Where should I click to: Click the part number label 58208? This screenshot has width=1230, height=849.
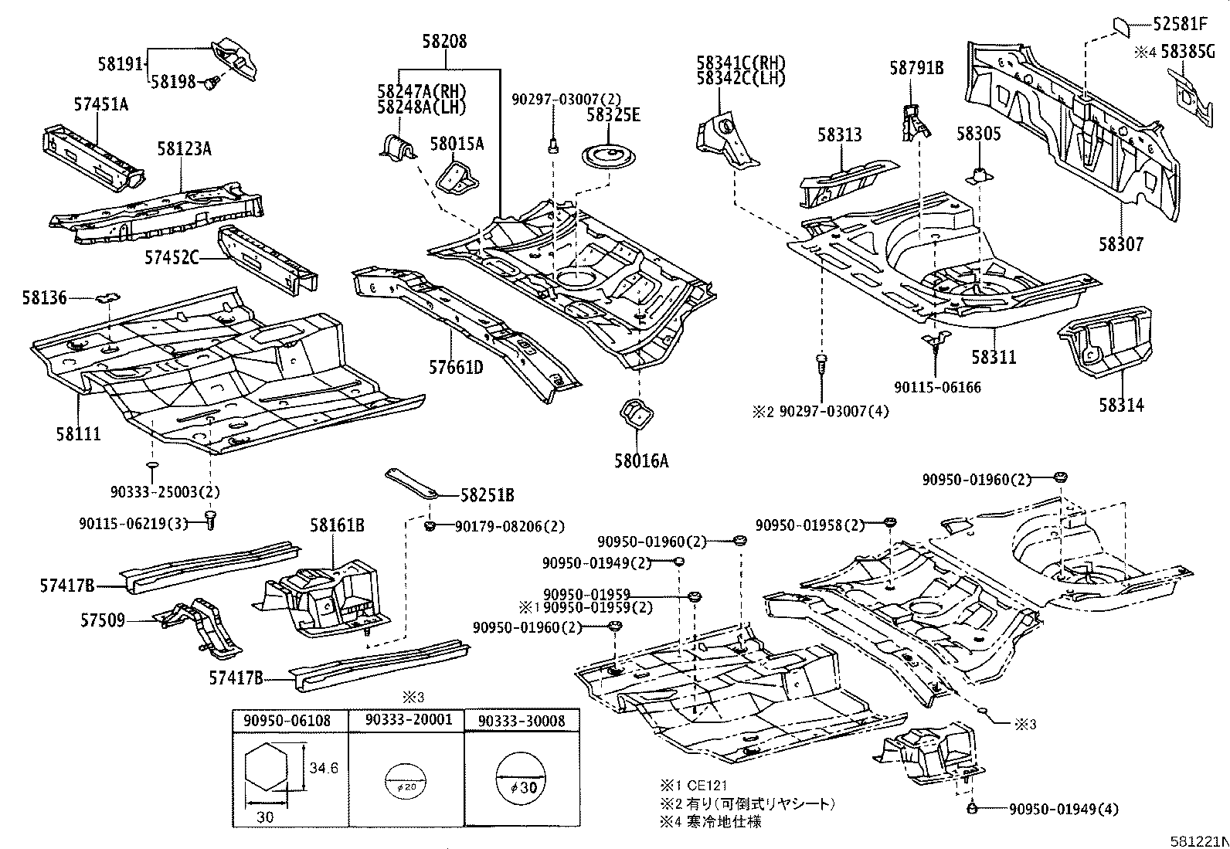tap(444, 42)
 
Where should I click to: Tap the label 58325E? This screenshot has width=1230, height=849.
tap(613, 115)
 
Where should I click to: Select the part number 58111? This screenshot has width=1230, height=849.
tap(78, 434)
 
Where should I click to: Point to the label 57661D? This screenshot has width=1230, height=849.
tap(456, 367)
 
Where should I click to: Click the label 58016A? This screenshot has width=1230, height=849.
tap(641, 462)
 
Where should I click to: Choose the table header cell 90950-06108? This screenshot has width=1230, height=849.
tap(287, 721)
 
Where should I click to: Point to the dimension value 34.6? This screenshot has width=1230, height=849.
tap(324, 769)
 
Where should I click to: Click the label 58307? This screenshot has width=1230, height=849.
tap(1121, 245)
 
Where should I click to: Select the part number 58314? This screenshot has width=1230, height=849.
tap(1121, 405)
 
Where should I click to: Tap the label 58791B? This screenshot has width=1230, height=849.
tap(916, 68)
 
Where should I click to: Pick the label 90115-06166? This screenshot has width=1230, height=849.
tap(937, 388)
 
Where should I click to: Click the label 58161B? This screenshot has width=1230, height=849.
tap(337, 526)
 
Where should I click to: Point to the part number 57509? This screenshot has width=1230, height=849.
tap(104, 620)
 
